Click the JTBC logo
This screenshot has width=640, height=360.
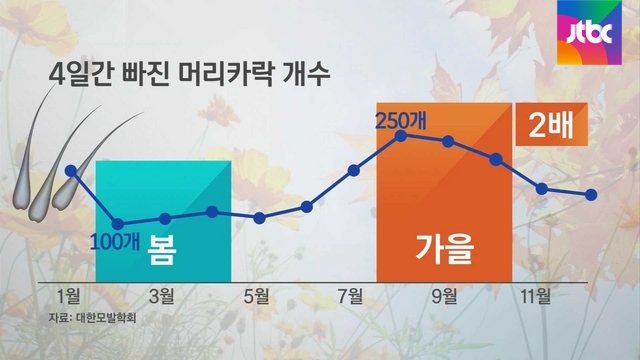(x=589, y=33)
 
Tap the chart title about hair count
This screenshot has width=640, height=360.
(x=189, y=74)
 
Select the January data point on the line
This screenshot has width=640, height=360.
(x=71, y=171)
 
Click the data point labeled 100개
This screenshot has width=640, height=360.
(x=118, y=224)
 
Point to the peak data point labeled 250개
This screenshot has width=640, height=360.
(x=401, y=136)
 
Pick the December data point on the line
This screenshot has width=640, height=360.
(x=591, y=195)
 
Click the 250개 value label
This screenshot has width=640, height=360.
(x=400, y=120)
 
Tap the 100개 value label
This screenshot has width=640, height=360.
(x=115, y=242)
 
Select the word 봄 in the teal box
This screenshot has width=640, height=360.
(x=162, y=250)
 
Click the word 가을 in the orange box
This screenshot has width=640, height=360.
(x=444, y=249)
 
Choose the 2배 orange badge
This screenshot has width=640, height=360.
(x=551, y=124)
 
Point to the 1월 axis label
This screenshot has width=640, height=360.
(x=68, y=296)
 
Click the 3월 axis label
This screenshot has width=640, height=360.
(x=162, y=296)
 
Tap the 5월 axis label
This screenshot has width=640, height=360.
(x=256, y=296)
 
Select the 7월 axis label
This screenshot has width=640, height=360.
(x=350, y=296)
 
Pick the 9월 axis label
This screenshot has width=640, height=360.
(x=444, y=296)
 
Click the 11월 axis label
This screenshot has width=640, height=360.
(x=536, y=296)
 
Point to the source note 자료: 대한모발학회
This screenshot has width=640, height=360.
(x=92, y=318)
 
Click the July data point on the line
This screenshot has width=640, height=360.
(x=353, y=171)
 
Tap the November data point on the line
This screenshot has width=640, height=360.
(x=542, y=189)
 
